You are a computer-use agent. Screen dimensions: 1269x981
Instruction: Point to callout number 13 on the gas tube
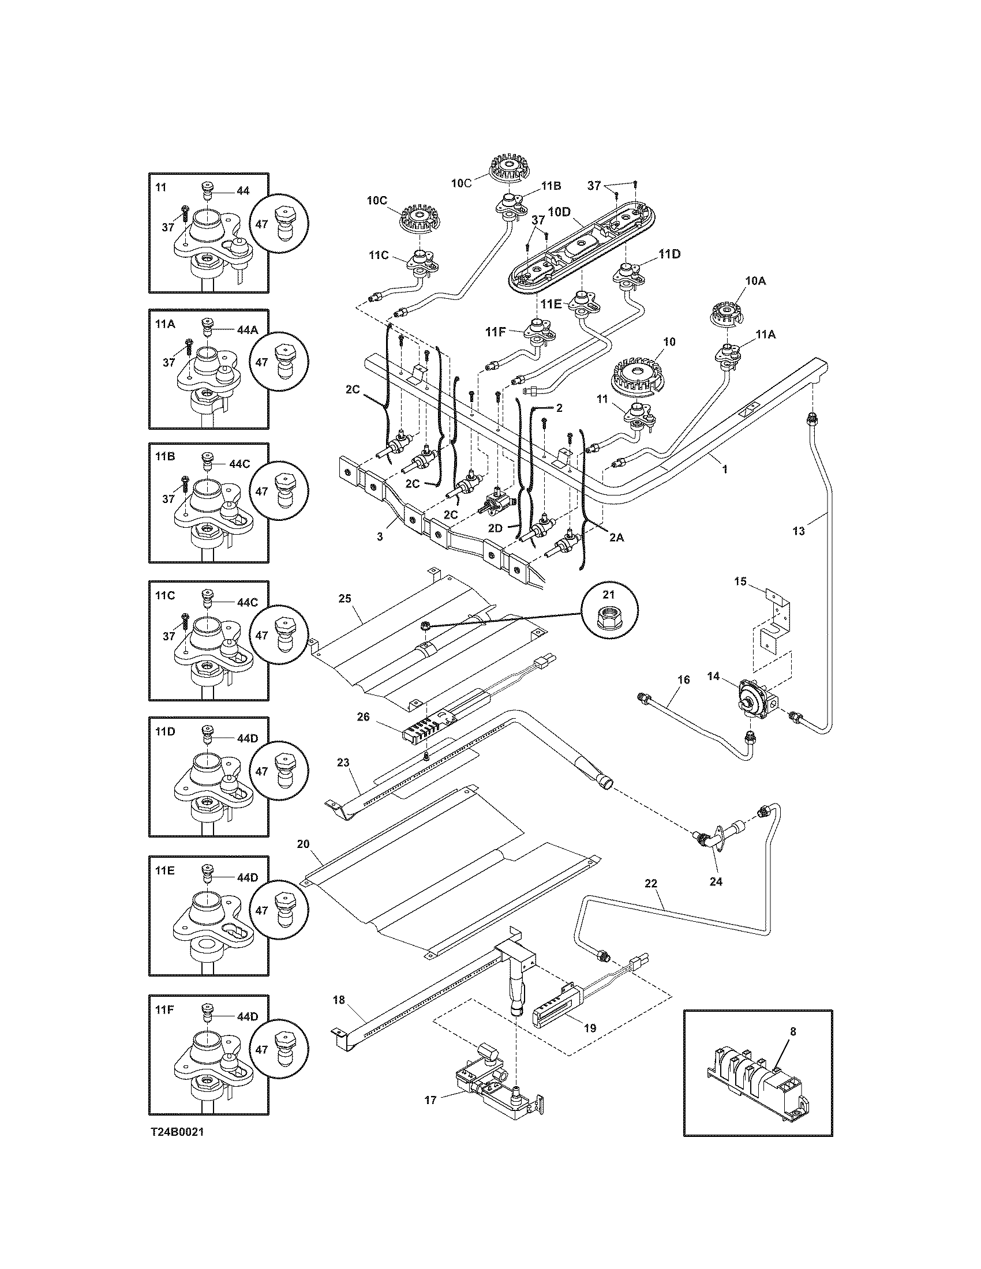[799, 531]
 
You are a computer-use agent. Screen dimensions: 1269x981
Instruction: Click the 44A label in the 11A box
[246, 329]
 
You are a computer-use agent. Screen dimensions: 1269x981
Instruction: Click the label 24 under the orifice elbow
[716, 881]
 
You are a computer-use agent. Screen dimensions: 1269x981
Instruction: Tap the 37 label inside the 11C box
[169, 636]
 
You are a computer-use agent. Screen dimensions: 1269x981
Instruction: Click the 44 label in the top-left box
[242, 190]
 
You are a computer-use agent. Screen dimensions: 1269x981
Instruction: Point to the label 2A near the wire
[616, 538]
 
